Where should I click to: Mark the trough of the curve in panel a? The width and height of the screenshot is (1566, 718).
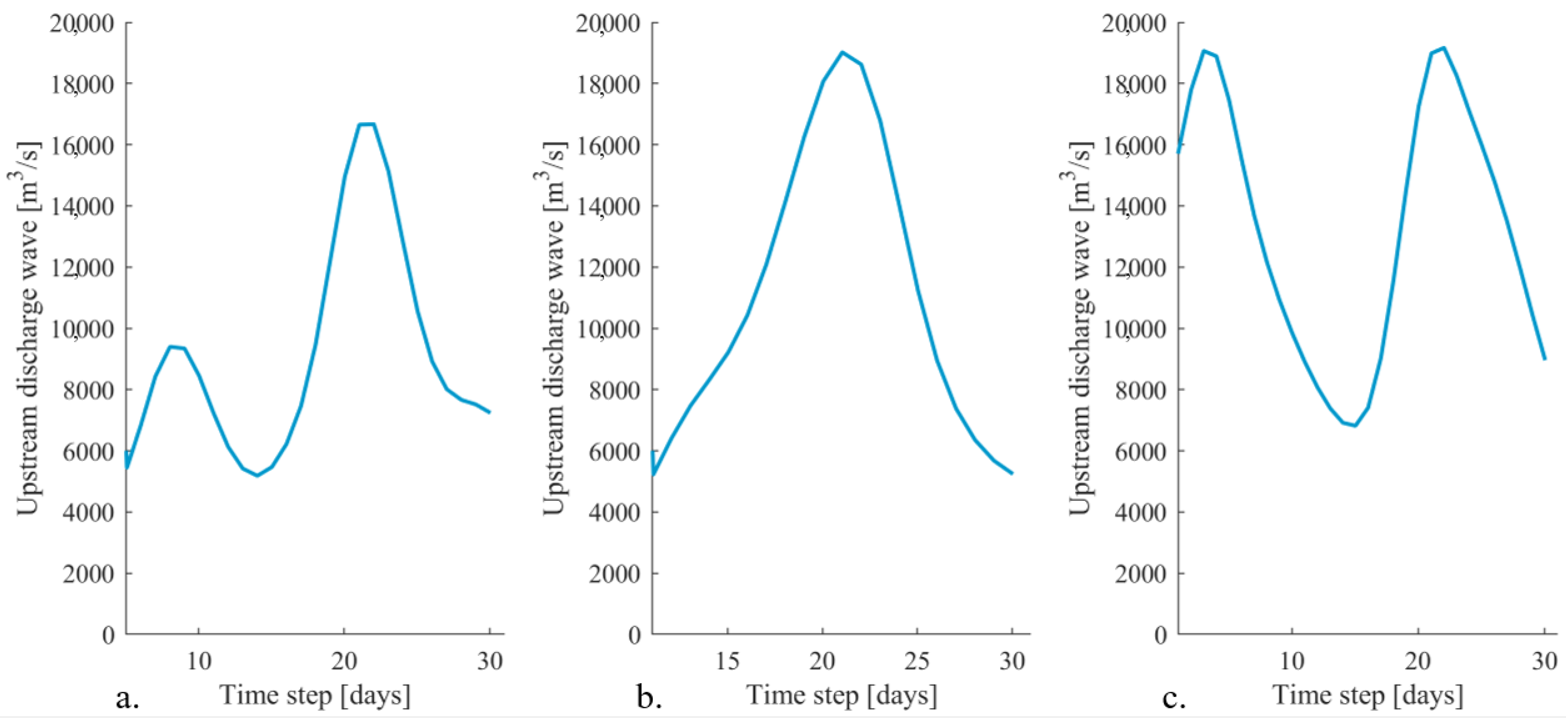pos(257,475)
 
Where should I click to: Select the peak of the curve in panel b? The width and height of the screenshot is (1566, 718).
pos(842,52)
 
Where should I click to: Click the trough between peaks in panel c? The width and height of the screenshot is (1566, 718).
pos(1355,426)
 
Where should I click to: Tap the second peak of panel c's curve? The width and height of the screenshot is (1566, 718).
pos(1444,47)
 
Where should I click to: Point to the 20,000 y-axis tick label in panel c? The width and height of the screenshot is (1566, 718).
pos(1134,24)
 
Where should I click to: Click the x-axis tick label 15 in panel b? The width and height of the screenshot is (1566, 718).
pos(727,661)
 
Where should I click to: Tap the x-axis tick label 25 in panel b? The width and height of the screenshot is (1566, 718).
pos(917,661)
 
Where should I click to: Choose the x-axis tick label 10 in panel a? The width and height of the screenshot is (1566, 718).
pos(198,661)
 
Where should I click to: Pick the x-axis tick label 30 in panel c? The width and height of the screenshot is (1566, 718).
pos(1545,661)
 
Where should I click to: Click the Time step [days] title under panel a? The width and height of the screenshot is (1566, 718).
pos(315,695)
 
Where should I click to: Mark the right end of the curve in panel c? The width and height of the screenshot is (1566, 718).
pos(1545,359)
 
